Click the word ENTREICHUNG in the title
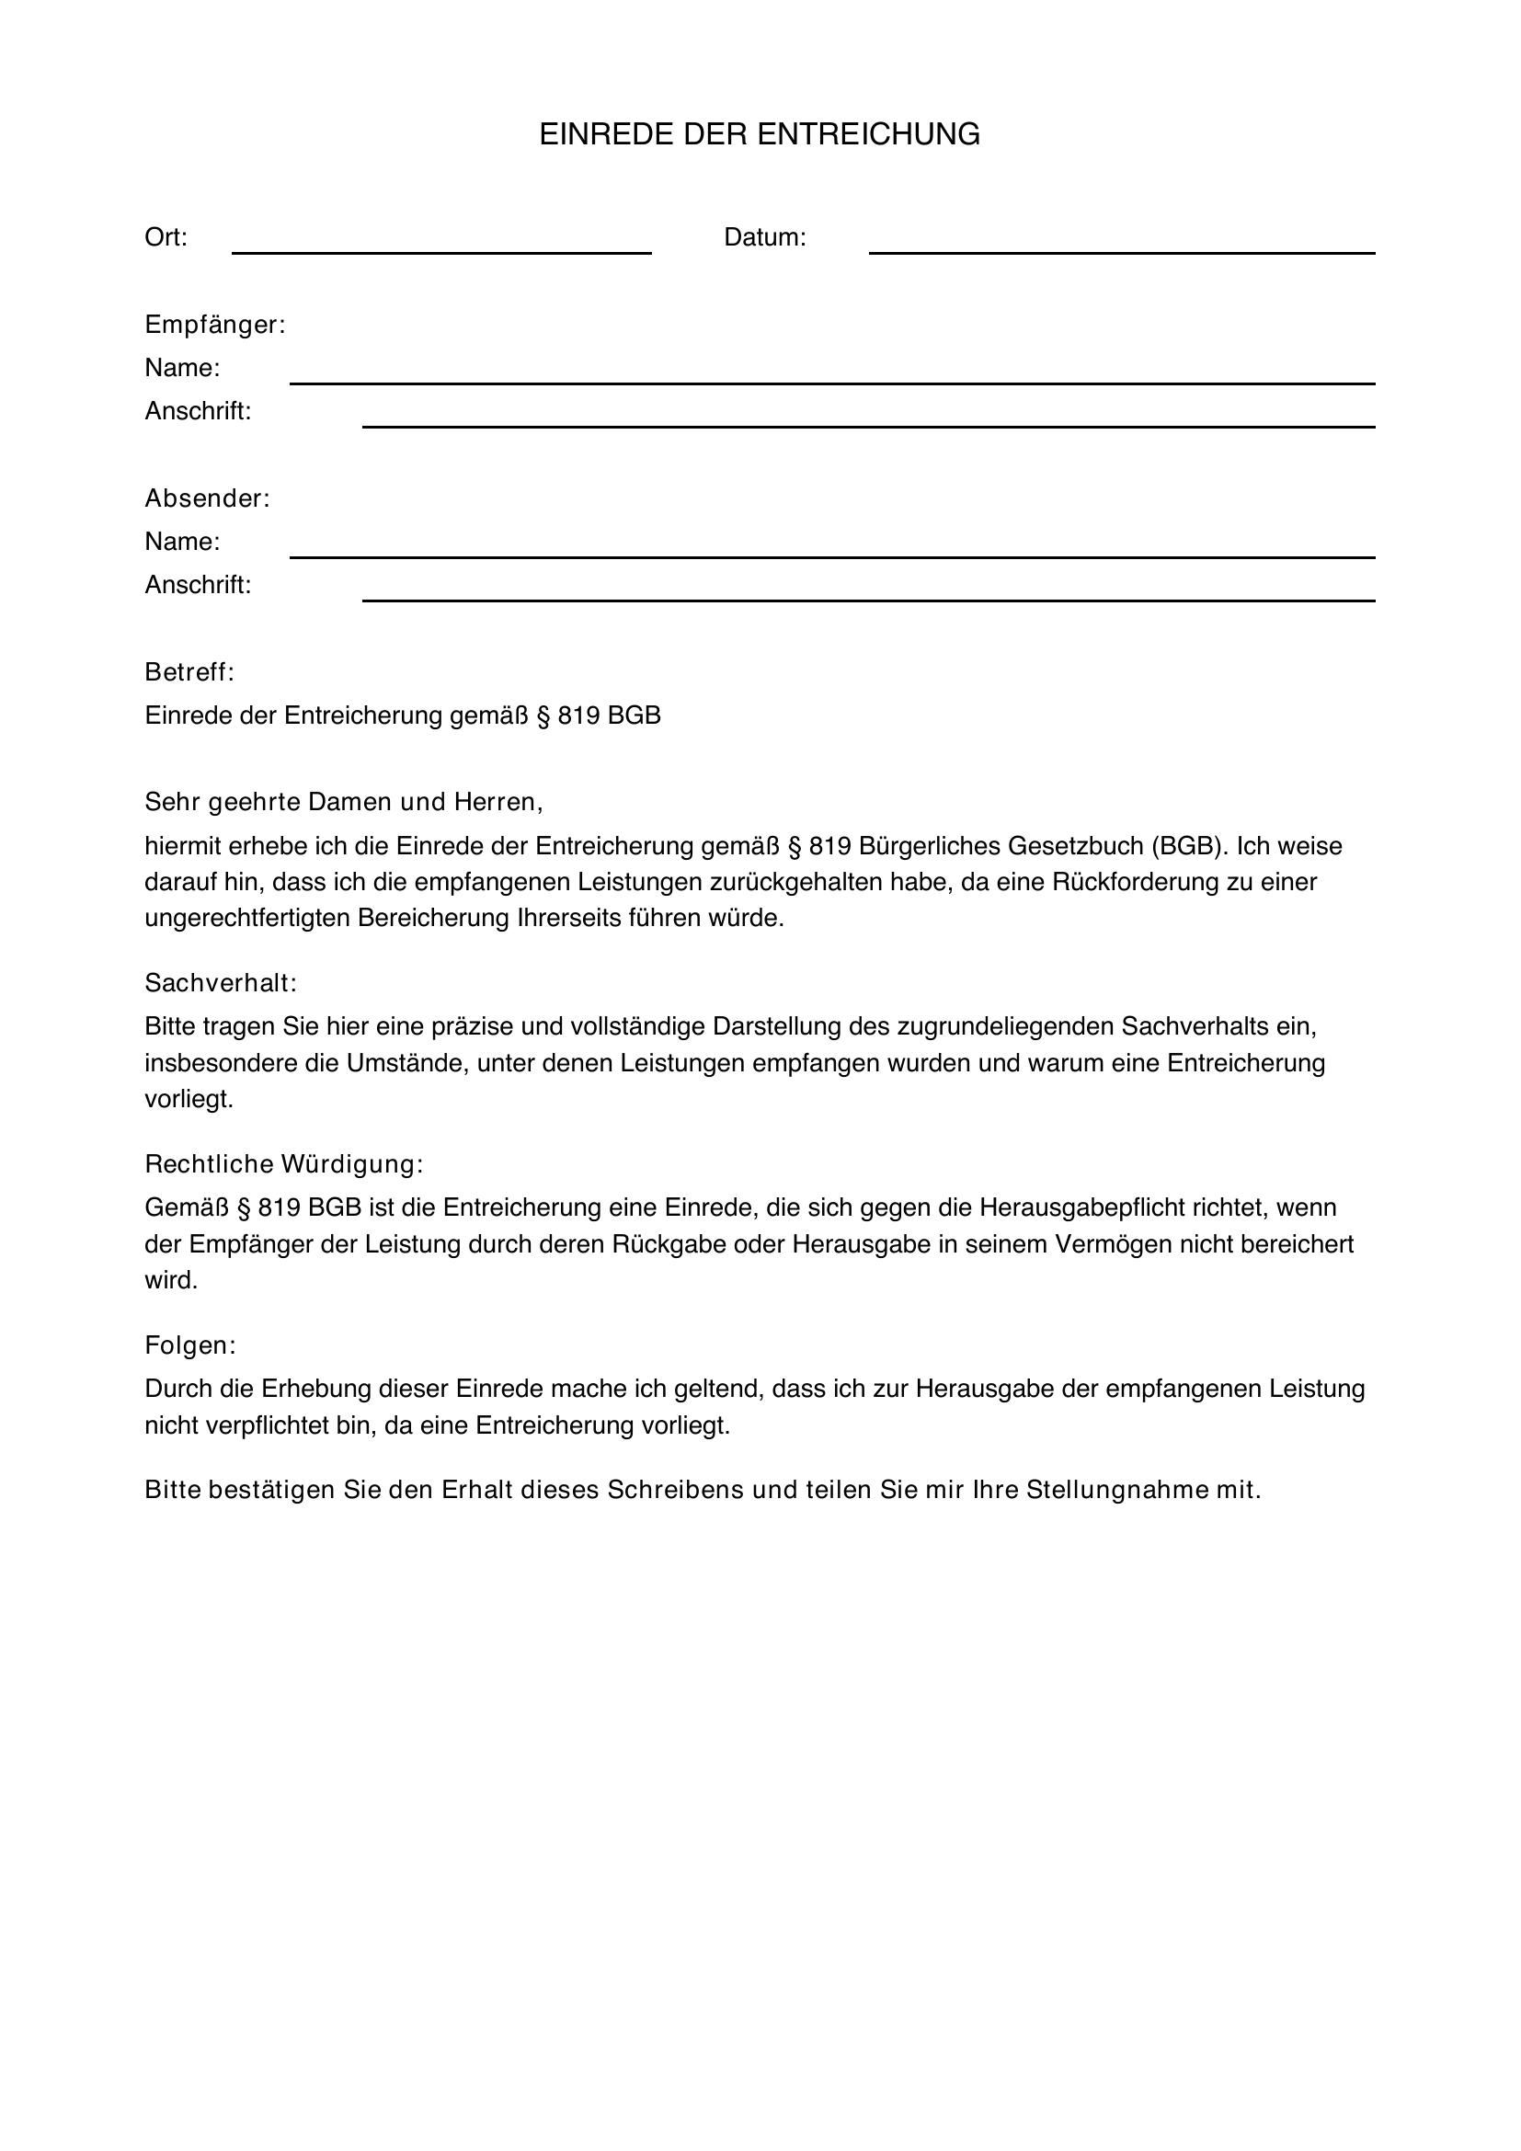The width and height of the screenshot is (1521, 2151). (868, 135)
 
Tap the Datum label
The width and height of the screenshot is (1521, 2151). (764, 238)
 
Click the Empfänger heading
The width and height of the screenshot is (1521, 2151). (214, 325)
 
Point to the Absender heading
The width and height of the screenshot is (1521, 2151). (207, 498)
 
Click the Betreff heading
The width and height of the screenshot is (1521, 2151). (189, 671)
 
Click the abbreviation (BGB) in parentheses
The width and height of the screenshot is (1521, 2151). (1188, 846)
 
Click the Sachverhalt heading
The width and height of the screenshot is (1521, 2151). (220, 983)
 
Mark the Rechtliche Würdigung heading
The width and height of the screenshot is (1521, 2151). (284, 1163)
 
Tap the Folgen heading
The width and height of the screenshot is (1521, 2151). (190, 1345)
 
